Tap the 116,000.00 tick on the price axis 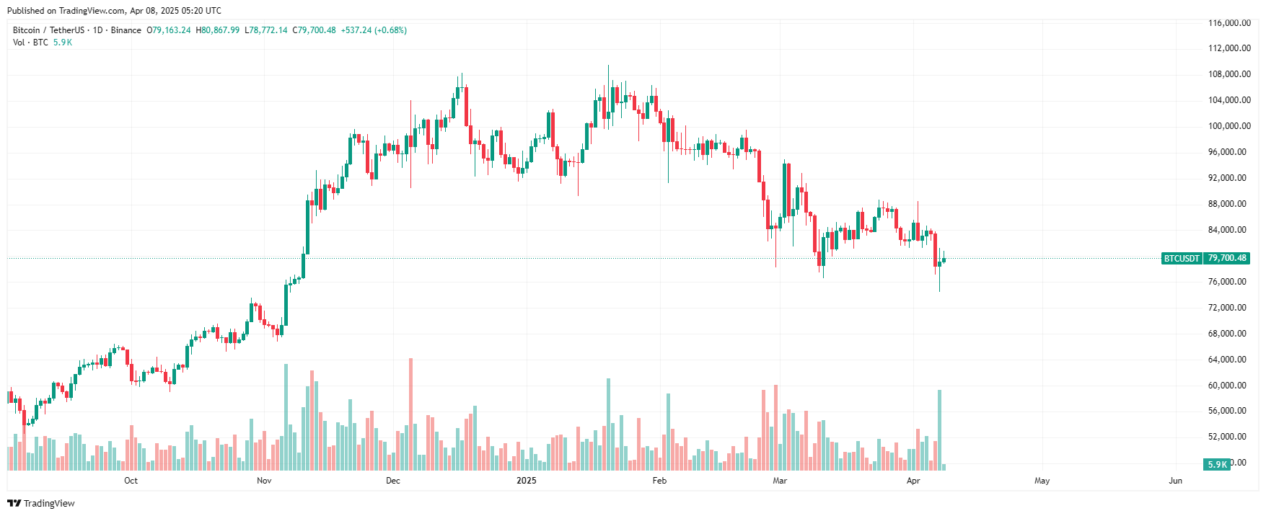pos(1229,23)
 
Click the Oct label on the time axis pos(131,481)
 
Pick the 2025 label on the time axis pos(527,481)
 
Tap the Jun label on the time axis pos(1175,481)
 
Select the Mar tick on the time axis pos(779,481)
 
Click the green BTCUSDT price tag pos(1182,258)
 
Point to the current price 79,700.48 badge pos(1226,258)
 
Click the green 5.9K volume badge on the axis pos(1217,465)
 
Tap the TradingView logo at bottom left pos(41,503)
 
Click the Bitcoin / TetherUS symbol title pos(48,30)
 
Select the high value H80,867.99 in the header pos(218,30)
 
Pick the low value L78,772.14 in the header pos(266,30)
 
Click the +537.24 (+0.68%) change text pos(374,30)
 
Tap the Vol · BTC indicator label pos(30,43)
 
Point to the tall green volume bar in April pos(939,430)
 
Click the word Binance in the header pos(126,30)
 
